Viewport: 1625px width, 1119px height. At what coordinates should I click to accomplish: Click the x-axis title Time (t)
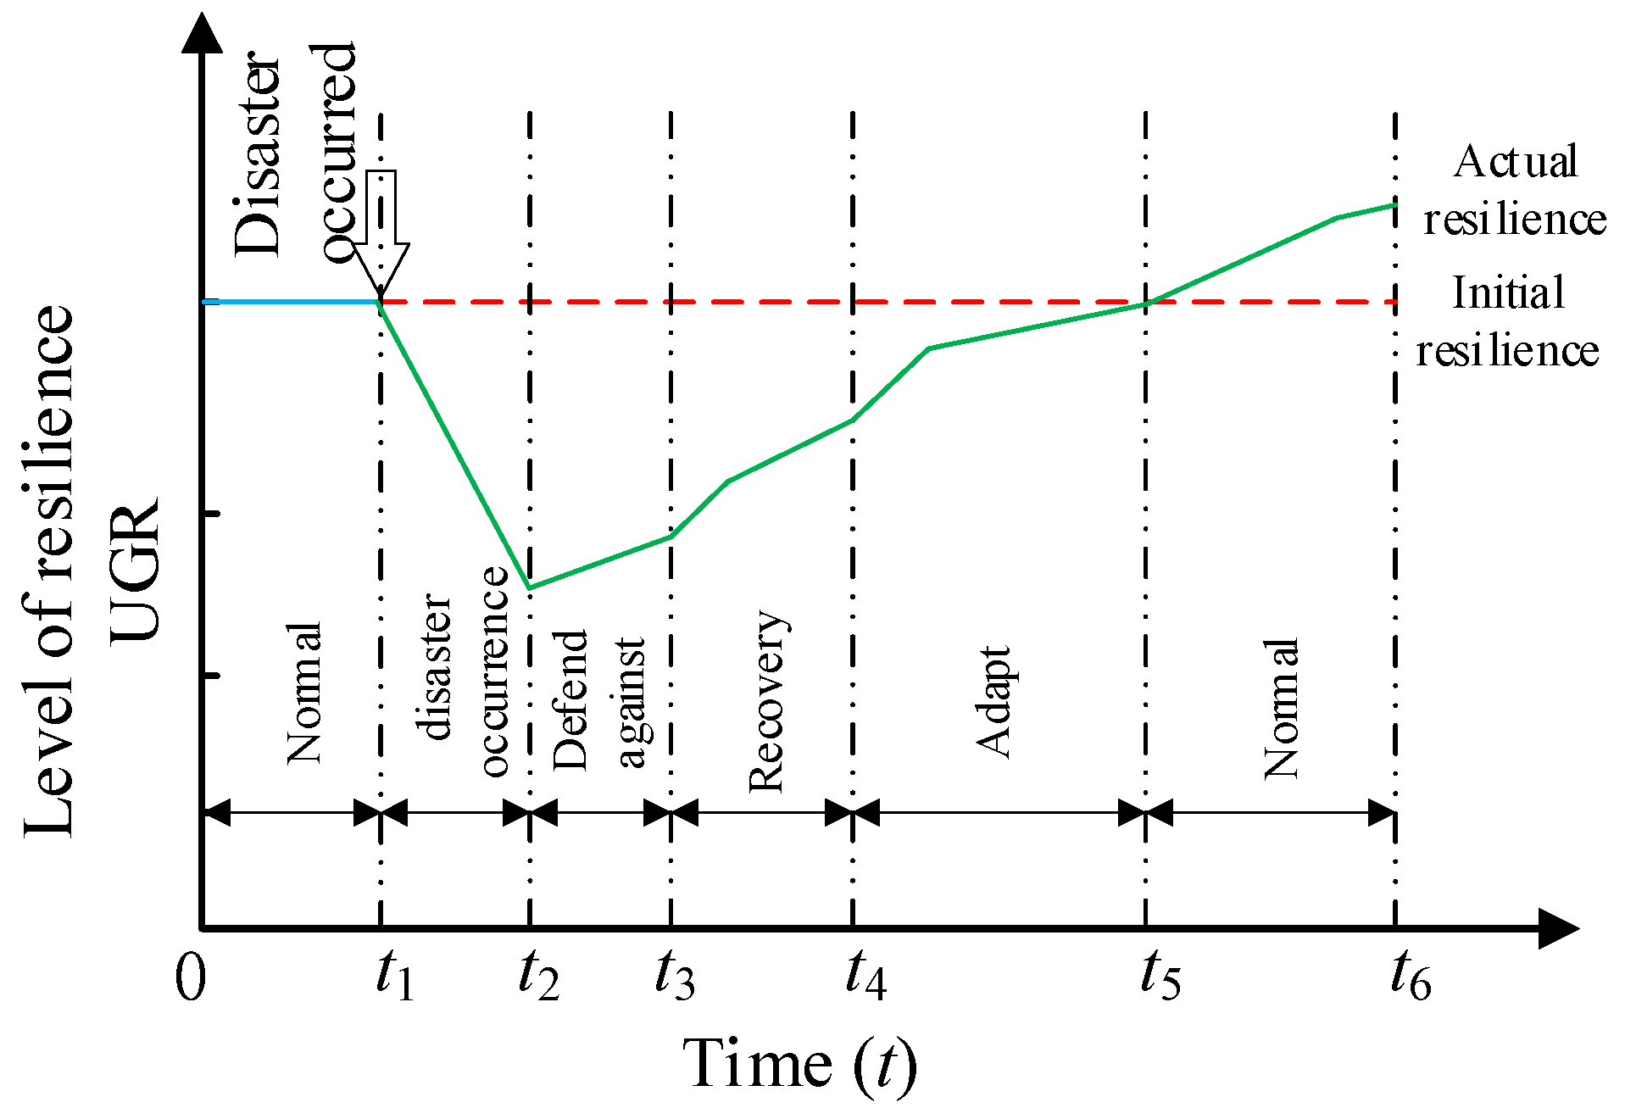pos(799,1064)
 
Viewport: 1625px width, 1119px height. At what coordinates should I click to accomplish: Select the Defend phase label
pos(570,699)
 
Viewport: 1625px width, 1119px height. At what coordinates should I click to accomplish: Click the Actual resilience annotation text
pos(1515,190)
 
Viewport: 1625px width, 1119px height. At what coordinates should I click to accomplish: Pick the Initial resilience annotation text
pos(1507,321)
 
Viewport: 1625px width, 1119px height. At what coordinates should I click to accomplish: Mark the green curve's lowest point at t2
pos(529,587)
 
